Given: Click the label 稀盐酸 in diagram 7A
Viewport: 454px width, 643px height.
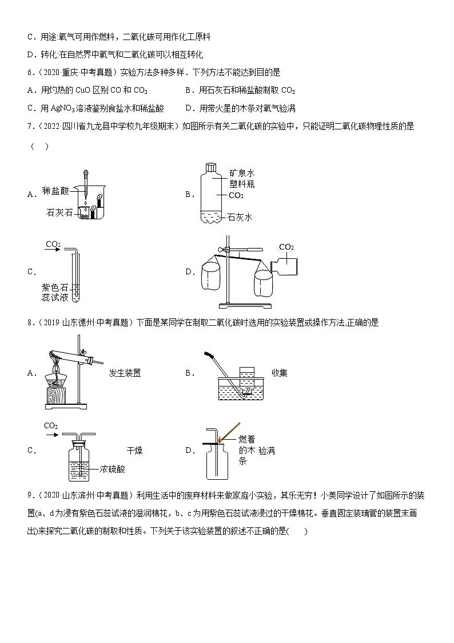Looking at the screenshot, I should (55, 191).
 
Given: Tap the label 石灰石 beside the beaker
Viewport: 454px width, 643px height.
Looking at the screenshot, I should (59, 212).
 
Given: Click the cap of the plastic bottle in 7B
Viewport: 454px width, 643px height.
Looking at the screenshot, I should (211, 167).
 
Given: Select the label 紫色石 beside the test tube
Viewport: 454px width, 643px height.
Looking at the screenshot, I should (55, 287).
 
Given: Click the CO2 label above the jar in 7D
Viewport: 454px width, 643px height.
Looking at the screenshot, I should (286, 247).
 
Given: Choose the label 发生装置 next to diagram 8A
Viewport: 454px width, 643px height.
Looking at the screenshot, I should (125, 373).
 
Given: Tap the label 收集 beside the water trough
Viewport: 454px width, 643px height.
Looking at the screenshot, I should (280, 373).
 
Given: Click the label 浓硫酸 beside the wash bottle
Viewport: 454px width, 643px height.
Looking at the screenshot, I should (112, 469).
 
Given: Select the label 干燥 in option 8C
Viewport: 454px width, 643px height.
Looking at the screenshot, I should (135, 451).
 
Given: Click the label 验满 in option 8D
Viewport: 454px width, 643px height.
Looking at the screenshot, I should (267, 451).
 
